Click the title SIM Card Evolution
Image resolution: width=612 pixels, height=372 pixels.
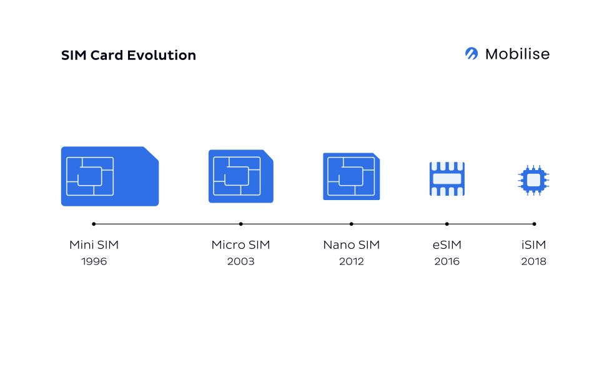[129, 55]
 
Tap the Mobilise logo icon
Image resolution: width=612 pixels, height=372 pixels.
[471, 54]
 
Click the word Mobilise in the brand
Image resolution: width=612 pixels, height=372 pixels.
[517, 54]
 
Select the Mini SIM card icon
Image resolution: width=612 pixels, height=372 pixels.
[109, 176]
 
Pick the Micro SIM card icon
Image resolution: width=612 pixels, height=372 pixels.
[240, 176]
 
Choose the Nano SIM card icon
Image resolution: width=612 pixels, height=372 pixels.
[351, 176]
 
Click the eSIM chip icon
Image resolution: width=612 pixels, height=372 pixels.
[447, 179]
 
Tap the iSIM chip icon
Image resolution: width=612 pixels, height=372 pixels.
[534, 180]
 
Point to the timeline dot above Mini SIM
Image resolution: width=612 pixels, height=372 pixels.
[94, 224]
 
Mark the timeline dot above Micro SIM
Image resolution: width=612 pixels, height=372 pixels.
[241, 224]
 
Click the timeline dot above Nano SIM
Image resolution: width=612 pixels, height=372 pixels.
[351, 224]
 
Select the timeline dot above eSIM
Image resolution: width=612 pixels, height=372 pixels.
[447, 224]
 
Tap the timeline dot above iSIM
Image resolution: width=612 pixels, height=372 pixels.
[534, 224]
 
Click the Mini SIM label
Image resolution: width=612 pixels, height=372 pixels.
[94, 245]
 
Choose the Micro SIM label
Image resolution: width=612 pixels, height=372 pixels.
[240, 245]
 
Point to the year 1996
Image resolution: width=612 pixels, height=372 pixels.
[94, 261]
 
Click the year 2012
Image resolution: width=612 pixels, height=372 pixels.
[351, 261]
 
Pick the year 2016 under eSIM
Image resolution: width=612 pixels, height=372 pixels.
[447, 261]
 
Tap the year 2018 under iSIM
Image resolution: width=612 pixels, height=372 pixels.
[534, 261]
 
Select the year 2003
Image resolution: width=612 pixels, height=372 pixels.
[240, 261]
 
